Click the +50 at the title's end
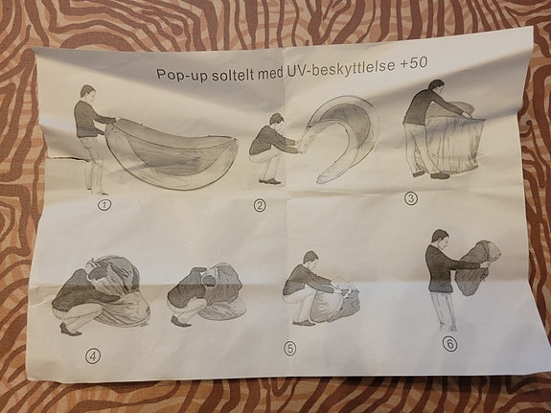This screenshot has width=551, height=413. pyautogui.click(x=414, y=62)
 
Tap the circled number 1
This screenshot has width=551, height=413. pyautogui.click(x=104, y=204)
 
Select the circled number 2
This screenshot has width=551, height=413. pyautogui.click(x=260, y=205)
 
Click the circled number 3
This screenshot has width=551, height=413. pyautogui.click(x=410, y=199)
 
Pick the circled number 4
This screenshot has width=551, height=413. pyautogui.click(x=92, y=356)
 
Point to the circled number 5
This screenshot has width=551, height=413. pyautogui.click(x=290, y=349)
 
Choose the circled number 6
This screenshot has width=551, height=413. pyautogui.click(x=449, y=344)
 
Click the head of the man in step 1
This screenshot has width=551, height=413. pyautogui.click(x=87, y=92)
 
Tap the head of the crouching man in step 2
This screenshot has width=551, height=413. pyautogui.click(x=277, y=120)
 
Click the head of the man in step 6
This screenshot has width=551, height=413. pyautogui.click(x=440, y=238)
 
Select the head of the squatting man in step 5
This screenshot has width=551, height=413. pyautogui.click(x=311, y=259)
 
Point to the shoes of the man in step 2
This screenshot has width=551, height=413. pyautogui.click(x=270, y=181)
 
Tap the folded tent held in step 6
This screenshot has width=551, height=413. pyautogui.click(x=478, y=266)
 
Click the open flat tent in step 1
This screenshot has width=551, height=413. pyautogui.click(x=172, y=154)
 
